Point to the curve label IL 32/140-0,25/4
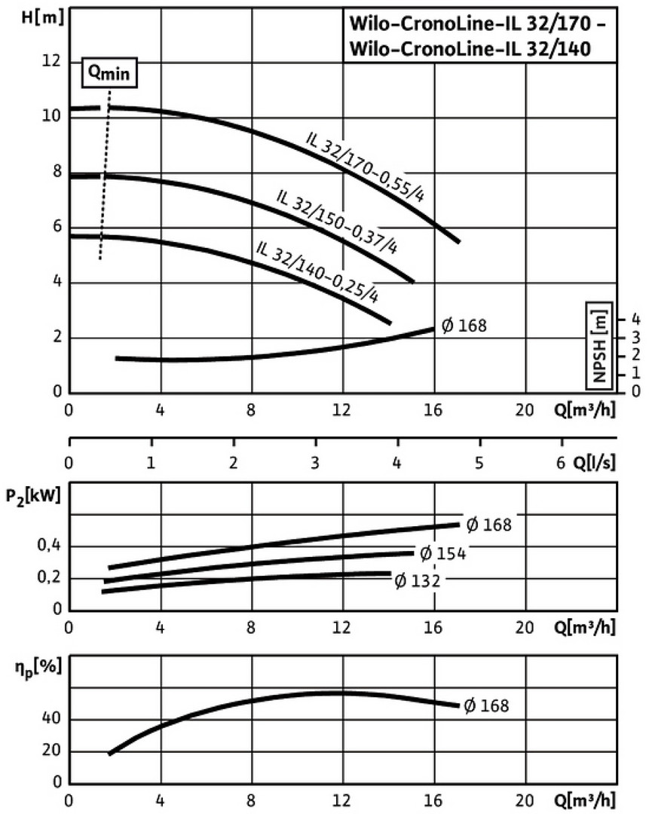pos(317,272)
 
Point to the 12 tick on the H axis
pos(51,61)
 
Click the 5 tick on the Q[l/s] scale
pos(479,462)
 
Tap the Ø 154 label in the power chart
pos(442,554)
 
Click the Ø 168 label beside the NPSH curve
pos(464,326)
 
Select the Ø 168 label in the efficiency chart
pos(485,706)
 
